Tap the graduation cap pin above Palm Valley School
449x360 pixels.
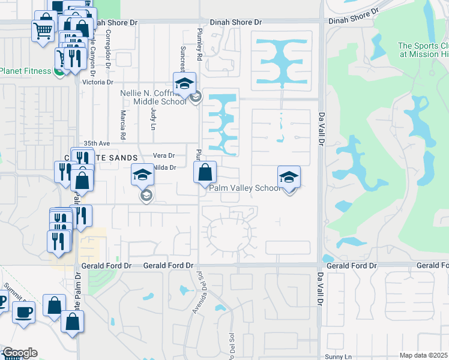pos(289,177)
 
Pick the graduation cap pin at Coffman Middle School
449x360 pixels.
pos(185,83)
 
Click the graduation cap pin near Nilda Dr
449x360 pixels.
pos(142,175)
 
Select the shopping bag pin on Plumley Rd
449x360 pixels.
pos(205,172)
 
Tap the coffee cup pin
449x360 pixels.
pos(23,312)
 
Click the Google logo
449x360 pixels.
pos(19,352)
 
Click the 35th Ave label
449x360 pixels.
pos(97,144)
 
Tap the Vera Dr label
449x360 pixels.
pos(164,155)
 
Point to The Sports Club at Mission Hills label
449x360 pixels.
pos(423,50)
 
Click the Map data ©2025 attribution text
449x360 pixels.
pos(424,355)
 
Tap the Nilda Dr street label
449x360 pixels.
pos(164,168)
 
